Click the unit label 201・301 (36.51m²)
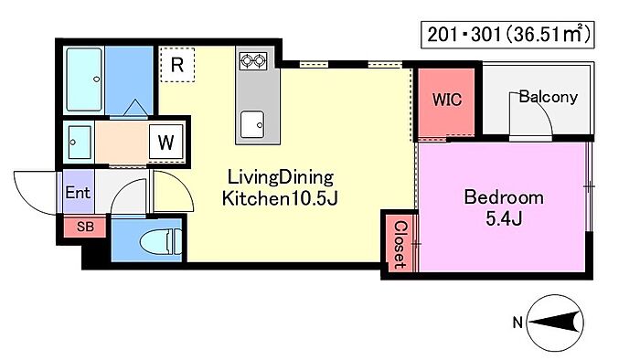pyautogui.click(x=507, y=36)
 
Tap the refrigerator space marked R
pyautogui.click(x=176, y=65)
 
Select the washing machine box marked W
pyautogui.click(x=165, y=142)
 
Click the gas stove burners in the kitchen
pyautogui.click(x=253, y=60)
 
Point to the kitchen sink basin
pyautogui.click(x=252, y=124)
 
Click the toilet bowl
pyautogui.click(x=161, y=241)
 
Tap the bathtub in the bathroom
pyautogui.click(x=84, y=79)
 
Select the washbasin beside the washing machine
pyautogui.click(x=80, y=142)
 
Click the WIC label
pyautogui.click(x=447, y=100)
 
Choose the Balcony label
pyautogui.click(x=549, y=97)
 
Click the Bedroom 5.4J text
pyautogui.click(x=504, y=208)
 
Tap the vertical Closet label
pyautogui.click(x=400, y=245)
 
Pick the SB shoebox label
pyautogui.click(x=85, y=227)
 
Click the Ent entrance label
pyautogui.click(x=78, y=192)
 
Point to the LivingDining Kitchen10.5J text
pyautogui.click(x=280, y=188)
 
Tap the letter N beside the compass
pyautogui.click(x=517, y=323)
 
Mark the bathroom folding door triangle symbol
pyautogui.click(x=135, y=108)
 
